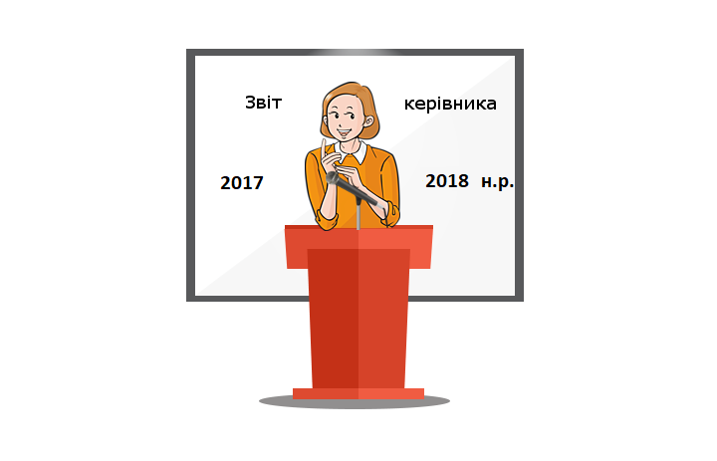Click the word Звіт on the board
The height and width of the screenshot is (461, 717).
[263, 103]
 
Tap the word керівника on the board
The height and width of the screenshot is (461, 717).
[450, 104]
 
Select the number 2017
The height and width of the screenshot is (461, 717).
[241, 183]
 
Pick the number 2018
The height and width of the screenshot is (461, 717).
[447, 181]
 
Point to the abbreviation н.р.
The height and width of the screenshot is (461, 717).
[498, 182]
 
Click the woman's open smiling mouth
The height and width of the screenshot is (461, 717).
[344, 133]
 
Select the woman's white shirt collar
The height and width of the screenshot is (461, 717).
[352, 151]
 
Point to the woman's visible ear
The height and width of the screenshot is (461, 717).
[369, 122]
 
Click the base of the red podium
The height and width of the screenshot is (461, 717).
[358, 393]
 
